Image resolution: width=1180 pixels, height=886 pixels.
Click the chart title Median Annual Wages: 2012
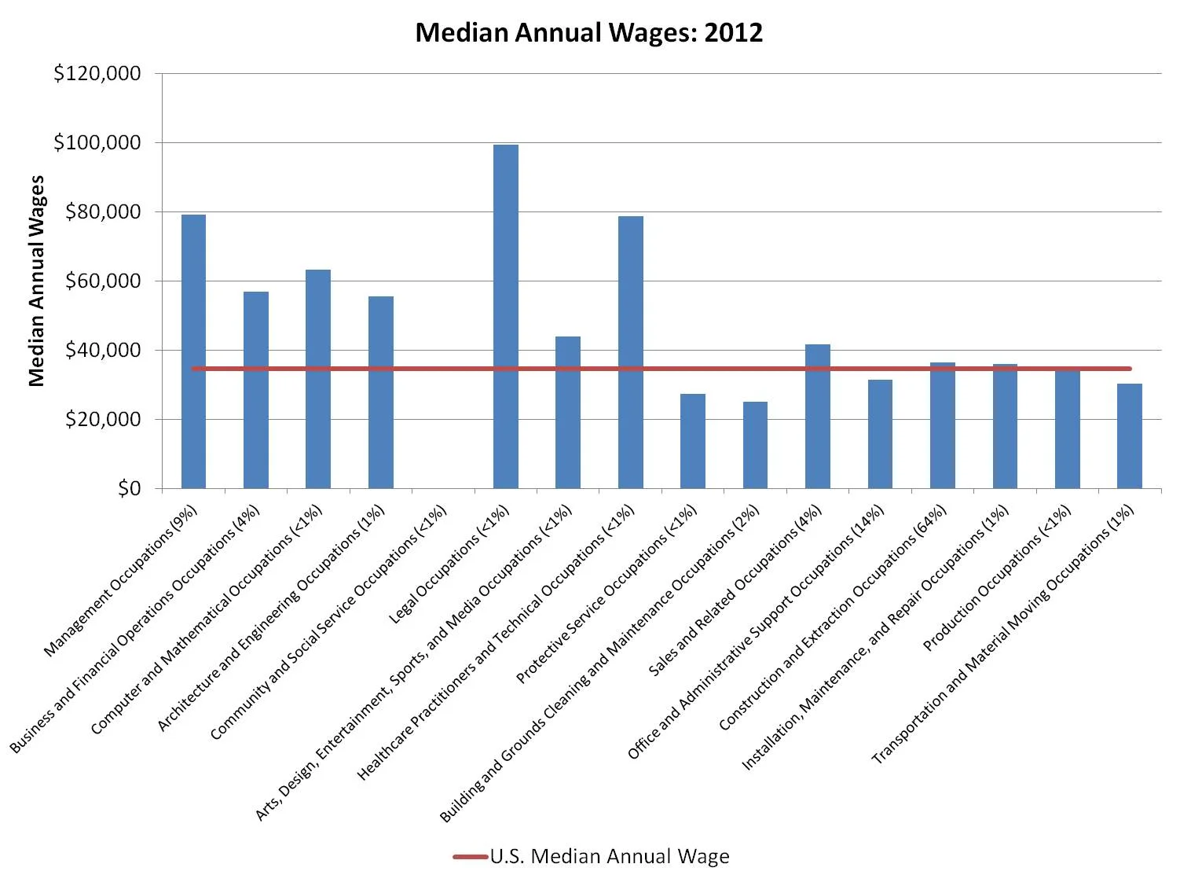588,33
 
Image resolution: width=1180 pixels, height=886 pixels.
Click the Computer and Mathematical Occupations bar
318,378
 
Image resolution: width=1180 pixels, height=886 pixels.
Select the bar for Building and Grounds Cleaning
755,444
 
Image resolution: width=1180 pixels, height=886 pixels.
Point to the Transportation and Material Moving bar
1129,436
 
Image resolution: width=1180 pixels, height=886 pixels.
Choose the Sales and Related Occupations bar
817,416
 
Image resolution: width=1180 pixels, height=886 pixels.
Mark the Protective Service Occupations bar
692,440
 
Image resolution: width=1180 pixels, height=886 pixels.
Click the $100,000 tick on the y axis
97,142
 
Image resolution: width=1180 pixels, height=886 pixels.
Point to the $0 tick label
129,488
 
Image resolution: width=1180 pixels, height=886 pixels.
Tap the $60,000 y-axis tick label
102,281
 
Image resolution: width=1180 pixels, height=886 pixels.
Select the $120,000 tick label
97,73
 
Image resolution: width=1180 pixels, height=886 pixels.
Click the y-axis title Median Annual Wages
36,281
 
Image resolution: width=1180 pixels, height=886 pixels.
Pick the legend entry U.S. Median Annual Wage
609,856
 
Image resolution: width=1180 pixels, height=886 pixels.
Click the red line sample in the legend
471,856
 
